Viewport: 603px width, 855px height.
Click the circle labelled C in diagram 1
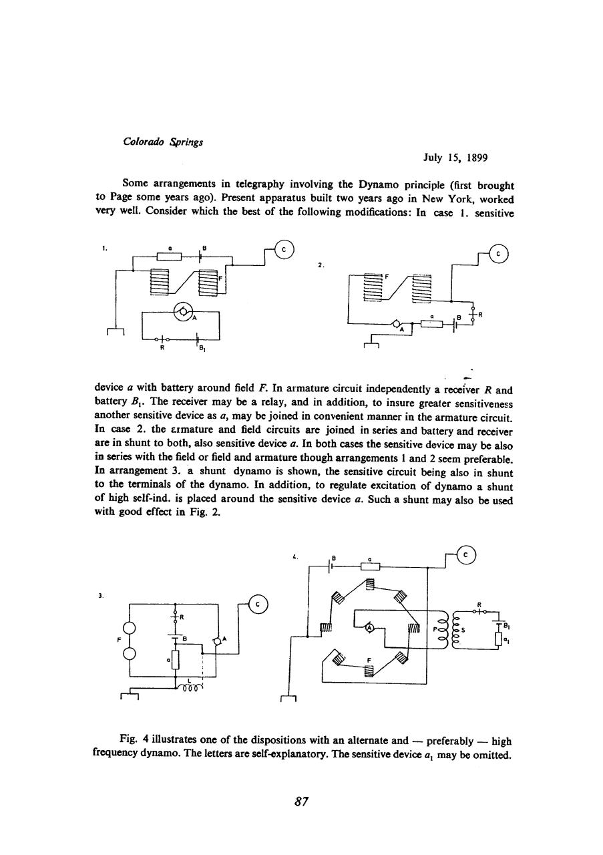tap(284, 250)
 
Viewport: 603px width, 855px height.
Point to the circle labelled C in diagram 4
tap(468, 554)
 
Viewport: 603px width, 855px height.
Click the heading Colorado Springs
tap(155, 142)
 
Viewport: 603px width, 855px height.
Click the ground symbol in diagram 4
tap(288, 698)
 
